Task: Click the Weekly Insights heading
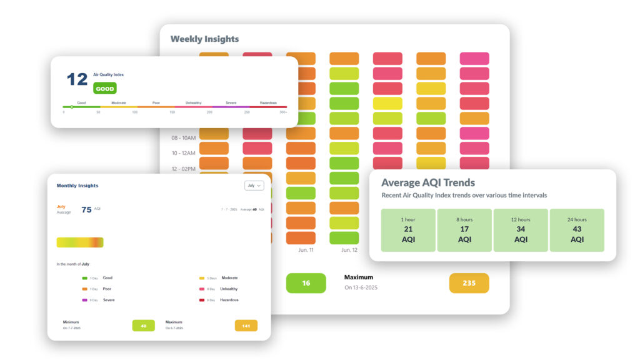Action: (204, 39)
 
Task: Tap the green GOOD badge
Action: (105, 89)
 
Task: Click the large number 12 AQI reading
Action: (77, 79)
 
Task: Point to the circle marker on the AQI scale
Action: (72, 107)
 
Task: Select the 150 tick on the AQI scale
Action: (172, 112)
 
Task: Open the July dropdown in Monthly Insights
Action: (255, 186)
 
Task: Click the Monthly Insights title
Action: (77, 186)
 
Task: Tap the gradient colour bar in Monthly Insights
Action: (80, 242)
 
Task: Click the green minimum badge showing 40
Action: (143, 325)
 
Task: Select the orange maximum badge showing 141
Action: (246, 325)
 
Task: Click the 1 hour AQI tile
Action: (408, 230)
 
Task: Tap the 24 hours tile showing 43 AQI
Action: (577, 230)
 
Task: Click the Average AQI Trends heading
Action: (428, 182)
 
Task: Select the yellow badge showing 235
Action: (469, 283)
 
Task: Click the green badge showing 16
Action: (306, 283)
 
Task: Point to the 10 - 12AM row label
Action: (183, 153)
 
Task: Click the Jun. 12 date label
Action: (349, 250)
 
